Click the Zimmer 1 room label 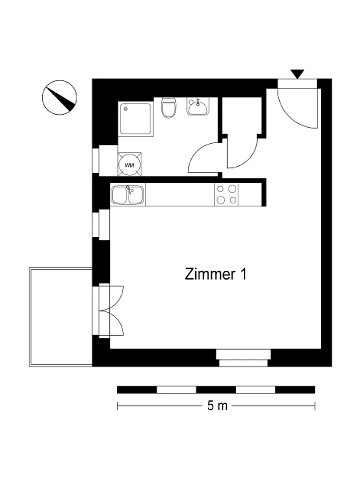point(215,274)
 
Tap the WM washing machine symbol point(130,165)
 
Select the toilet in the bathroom point(169,108)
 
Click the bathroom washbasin point(198,107)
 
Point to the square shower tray point(136,119)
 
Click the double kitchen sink point(128,195)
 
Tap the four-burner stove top point(226,195)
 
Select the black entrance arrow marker point(297,74)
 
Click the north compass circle point(59,98)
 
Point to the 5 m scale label point(217,406)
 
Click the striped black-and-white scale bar point(216,390)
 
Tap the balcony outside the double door point(61,317)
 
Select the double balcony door point(108,310)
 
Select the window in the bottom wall point(243,358)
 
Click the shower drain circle point(125,109)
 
